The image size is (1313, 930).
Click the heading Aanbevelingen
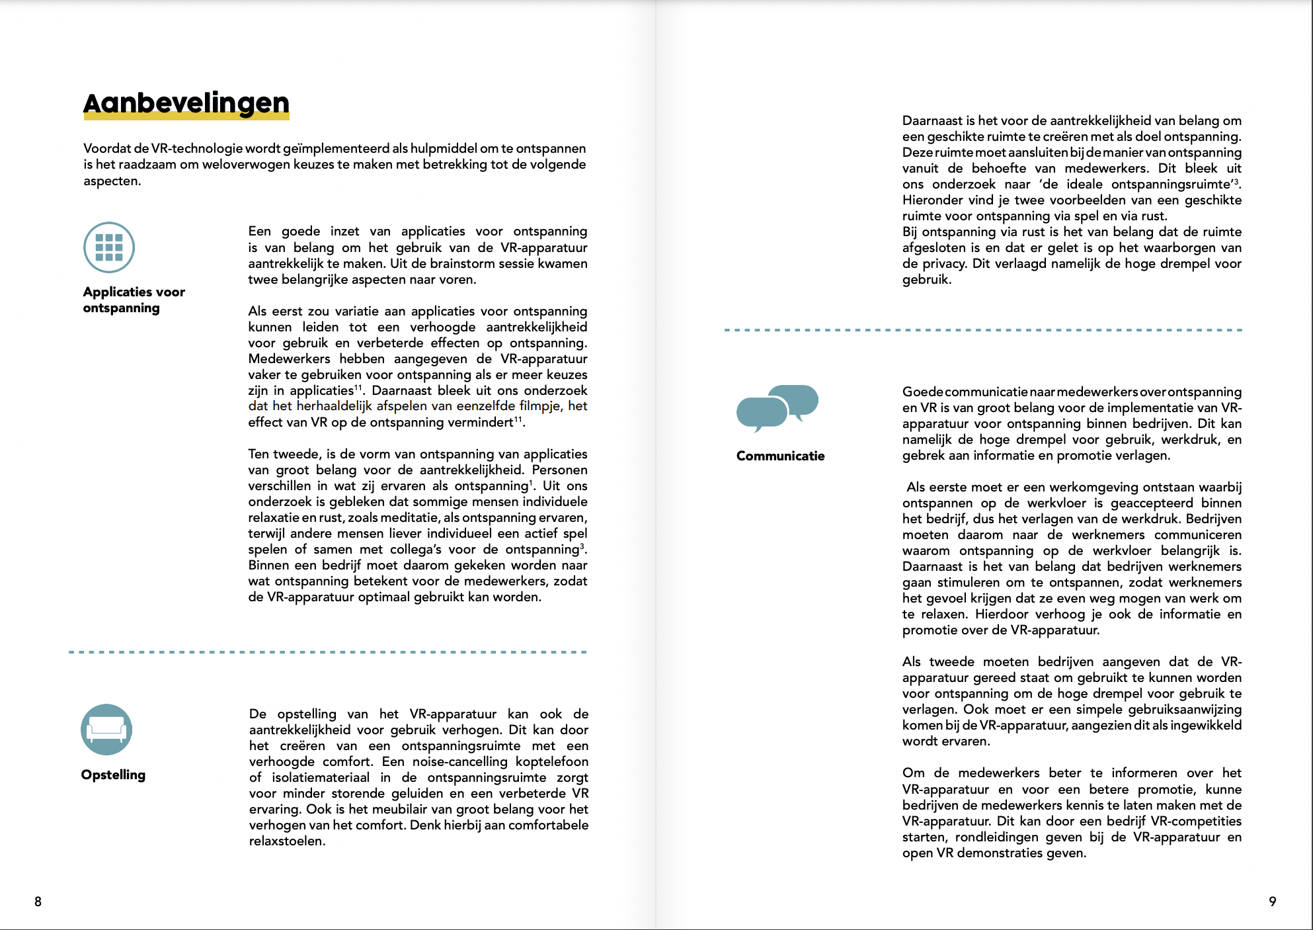[x=186, y=103]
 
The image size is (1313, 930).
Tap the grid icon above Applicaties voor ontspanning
[x=109, y=247]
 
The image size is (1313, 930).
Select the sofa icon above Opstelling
[x=106, y=730]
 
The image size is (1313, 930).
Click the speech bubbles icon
[x=777, y=407]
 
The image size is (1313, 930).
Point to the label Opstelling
[x=113, y=775]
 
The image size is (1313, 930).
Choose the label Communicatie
[x=780, y=456]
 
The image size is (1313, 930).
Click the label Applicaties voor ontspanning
[x=134, y=300]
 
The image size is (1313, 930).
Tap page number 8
[x=38, y=902]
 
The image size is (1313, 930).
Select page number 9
[x=1272, y=902]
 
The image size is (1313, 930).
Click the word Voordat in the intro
[x=107, y=148]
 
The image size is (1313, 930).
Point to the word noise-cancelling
[x=459, y=761]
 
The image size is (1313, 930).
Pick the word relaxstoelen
[x=287, y=841]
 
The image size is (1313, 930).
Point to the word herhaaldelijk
[x=334, y=406]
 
